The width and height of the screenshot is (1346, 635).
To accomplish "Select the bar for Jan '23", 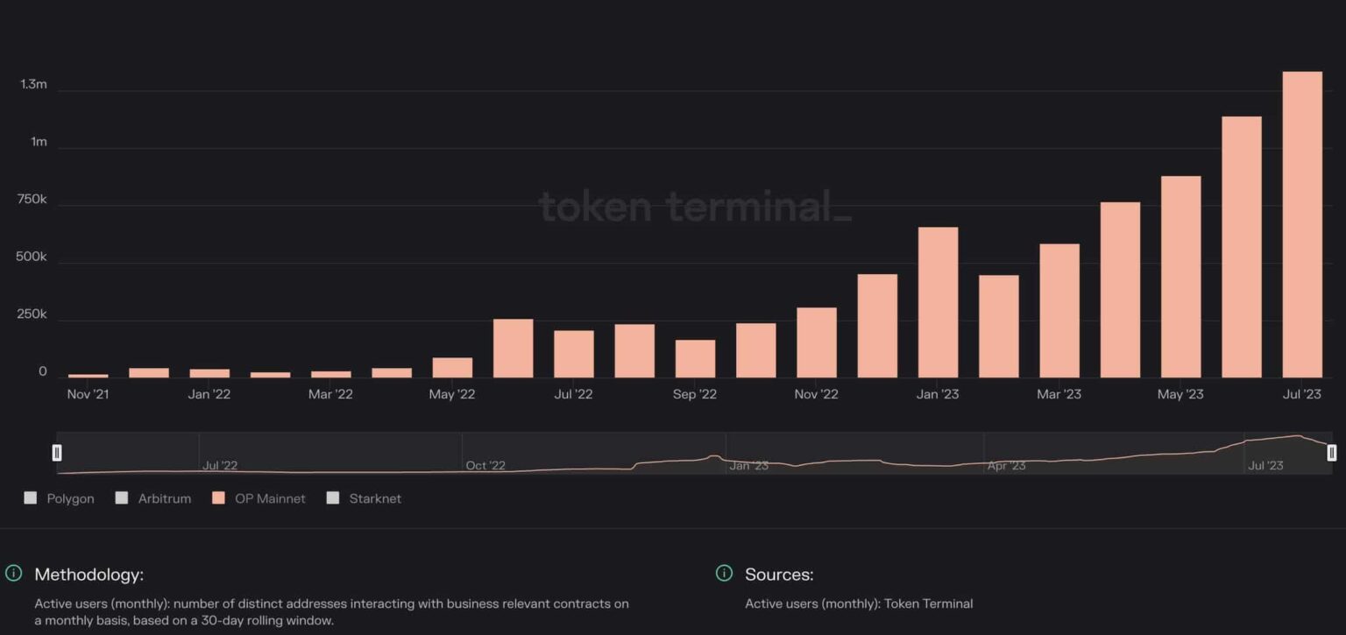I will (x=938, y=302).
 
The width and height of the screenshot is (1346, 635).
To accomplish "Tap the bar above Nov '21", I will (x=88, y=375).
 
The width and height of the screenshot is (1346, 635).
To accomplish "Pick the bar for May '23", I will (x=1180, y=277).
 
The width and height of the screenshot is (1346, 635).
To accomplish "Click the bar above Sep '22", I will (x=695, y=358).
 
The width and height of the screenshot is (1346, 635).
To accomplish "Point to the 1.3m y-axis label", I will (x=33, y=85).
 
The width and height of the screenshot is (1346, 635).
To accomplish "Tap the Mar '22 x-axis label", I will (x=330, y=394).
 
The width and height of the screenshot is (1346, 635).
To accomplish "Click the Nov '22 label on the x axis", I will (x=816, y=394).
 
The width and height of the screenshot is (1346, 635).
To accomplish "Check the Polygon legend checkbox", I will (x=31, y=498).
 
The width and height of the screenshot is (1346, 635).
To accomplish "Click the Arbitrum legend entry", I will (x=164, y=498).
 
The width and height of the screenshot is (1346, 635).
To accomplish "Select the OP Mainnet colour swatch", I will (x=218, y=498).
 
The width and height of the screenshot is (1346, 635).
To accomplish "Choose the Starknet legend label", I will (x=374, y=498).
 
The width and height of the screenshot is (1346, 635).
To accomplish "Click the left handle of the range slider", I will (x=57, y=453).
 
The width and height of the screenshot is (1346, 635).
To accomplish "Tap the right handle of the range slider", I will (x=1332, y=453).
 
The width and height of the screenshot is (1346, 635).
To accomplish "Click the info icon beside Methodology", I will (x=14, y=574).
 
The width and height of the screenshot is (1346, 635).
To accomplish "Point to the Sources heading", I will (x=779, y=575).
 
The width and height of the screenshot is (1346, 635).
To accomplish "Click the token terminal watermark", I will (x=694, y=208).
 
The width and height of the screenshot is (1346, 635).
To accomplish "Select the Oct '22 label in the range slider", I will (x=485, y=465).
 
